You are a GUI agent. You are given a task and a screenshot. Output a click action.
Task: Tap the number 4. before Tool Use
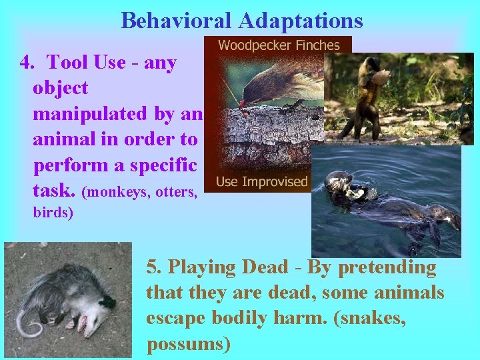tap(27, 63)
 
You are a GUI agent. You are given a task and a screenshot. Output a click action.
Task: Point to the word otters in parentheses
tap(173, 193)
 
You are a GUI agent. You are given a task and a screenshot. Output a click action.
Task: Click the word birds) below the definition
tap(53, 213)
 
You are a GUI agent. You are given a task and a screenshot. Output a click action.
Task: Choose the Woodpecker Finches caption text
tap(279, 46)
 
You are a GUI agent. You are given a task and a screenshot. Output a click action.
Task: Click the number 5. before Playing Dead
tap(154, 268)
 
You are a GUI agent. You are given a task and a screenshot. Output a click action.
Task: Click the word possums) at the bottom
tap(188, 344)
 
